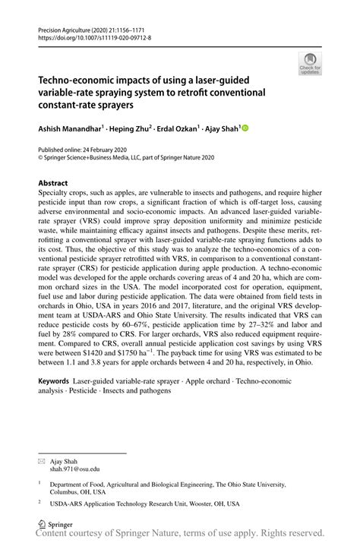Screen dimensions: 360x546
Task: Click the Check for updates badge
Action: point(310,64)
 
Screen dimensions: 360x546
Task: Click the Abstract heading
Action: point(53,184)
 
